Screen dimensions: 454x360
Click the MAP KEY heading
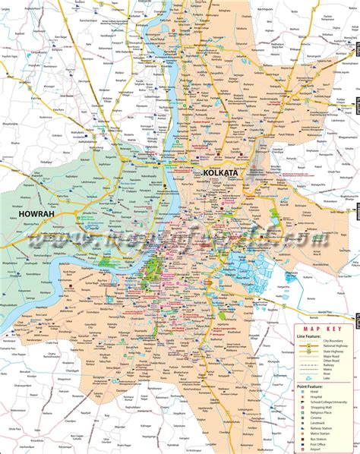[x=322, y=329]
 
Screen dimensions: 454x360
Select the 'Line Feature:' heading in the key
[x=308, y=336]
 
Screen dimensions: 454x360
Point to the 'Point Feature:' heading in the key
[x=310, y=386]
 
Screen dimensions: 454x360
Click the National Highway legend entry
[x=334, y=345]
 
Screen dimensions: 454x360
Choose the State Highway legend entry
[x=332, y=352]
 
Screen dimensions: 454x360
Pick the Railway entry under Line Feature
[x=328, y=364]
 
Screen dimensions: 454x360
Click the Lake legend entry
[x=327, y=378]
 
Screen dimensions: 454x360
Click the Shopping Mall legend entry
[x=320, y=407]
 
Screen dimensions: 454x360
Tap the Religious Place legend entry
[x=320, y=412]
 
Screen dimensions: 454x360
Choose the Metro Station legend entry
[x=320, y=434]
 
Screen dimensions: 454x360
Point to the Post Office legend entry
[x=317, y=444]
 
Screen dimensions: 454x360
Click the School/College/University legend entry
[x=327, y=402]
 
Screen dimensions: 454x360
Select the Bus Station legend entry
[x=318, y=439]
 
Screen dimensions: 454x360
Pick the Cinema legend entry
[x=314, y=418]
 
